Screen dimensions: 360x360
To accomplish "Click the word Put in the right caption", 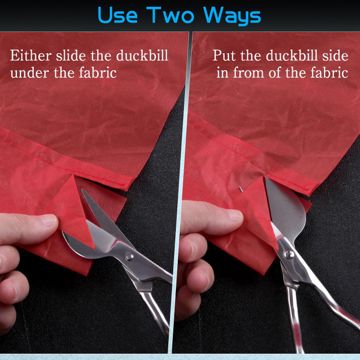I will tap(223, 55).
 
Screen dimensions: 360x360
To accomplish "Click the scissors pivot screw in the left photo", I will tap(129, 256).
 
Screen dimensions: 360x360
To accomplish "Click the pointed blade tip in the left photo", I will tap(84, 192).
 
